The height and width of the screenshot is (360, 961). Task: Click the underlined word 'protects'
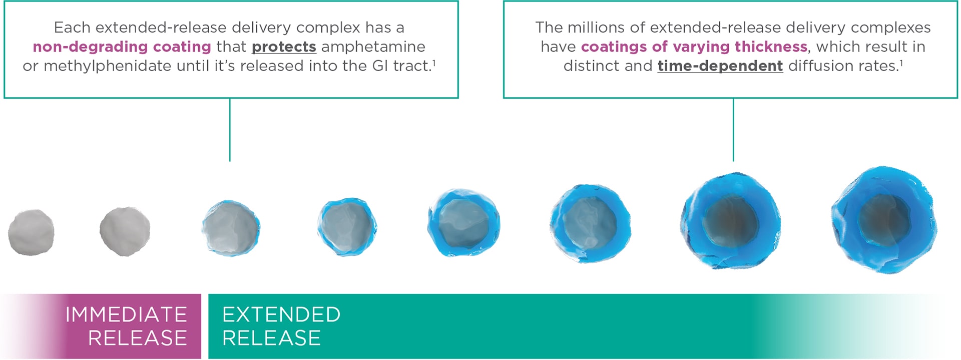coord(284,47)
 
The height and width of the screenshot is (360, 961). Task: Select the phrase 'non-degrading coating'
coord(122,47)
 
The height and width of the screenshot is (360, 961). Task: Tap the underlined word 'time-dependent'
coord(720,66)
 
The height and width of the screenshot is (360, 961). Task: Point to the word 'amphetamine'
coord(373,47)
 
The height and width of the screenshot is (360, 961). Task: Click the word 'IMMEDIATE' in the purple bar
coord(126,314)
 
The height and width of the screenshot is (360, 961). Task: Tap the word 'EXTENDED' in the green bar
coord(281,314)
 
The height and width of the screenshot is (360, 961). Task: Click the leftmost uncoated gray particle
coord(31,232)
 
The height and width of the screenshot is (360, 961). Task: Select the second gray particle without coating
coord(125,231)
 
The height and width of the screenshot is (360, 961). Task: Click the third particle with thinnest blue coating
coord(231,228)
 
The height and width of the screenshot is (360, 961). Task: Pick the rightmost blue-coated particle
coord(884,220)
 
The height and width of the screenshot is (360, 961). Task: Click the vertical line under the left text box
coord(230,130)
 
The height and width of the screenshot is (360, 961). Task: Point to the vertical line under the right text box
coord(733,130)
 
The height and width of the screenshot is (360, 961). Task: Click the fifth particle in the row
coord(463,223)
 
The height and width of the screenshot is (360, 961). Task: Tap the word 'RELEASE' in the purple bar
coord(138,338)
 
